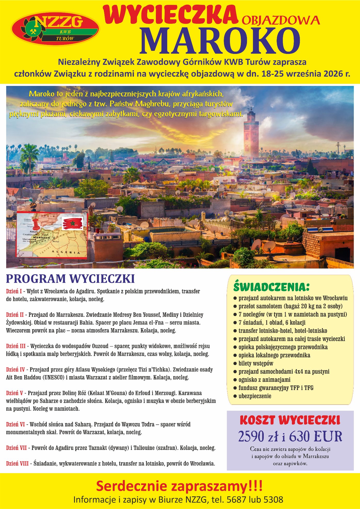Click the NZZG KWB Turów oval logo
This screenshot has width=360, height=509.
pyautogui.click(x=55, y=29)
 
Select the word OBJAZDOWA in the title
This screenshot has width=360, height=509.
pyautogui.click(x=281, y=20)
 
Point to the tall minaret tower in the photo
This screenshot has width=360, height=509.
pyautogui.click(x=251, y=134)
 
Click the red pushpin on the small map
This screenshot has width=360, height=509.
pyautogui.click(x=35, y=224)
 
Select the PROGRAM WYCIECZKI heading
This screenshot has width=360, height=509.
pyautogui.click(x=70, y=279)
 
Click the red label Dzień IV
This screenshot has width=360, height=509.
pyautogui.click(x=15, y=370)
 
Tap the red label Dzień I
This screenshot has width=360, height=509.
pyautogui.click(x=14, y=292)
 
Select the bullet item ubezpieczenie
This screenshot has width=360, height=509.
pyautogui.click(x=255, y=396)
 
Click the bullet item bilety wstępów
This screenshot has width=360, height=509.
pyautogui.click(x=256, y=363)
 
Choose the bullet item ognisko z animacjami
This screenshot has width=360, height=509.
pyautogui.click(x=264, y=380)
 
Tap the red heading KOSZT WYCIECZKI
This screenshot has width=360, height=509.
pyautogui.click(x=290, y=420)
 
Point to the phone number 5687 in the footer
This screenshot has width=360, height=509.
pyautogui.click(x=236, y=499)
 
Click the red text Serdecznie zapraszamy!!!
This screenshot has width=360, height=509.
pyautogui.click(x=179, y=487)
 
